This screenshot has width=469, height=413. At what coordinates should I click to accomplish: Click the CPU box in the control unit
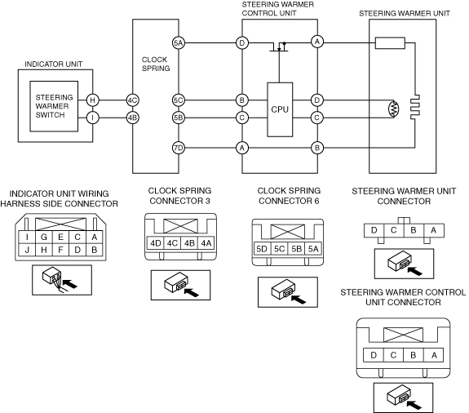pyautogui.click(x=280, y=109)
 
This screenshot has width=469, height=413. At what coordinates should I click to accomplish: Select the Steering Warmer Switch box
pyautogui.click(x=54, y=106)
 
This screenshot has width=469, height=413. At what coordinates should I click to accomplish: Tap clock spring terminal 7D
pyautogui.click(x=179, y=148)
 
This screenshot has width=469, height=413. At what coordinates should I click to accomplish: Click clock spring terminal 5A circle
pyautogui.click(x=179, y=42)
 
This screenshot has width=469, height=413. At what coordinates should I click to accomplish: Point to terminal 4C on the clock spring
pyautogui.click(x=132, y=100)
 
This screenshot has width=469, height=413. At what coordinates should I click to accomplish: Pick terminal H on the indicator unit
pyautogui.click(x=93, y=100)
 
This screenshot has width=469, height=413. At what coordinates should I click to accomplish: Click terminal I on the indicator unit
pyautogui.click(x=93, y=118)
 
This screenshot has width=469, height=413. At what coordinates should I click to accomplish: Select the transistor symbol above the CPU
pyautogui.click(x=280, y=47)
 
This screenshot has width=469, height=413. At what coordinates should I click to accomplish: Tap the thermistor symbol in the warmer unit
pyautogui.click(x=394, y=109)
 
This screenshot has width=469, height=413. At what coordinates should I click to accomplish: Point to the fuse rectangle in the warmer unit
pyautogui.click(x=390, y=42)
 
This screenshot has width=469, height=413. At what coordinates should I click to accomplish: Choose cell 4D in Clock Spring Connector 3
pyautogui.click(x=156, y=243)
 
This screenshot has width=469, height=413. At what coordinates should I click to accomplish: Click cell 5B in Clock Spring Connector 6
pyautogui.click(x=296, y=249)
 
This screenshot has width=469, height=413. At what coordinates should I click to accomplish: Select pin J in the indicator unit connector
pyautogui.click(x=27, y=250)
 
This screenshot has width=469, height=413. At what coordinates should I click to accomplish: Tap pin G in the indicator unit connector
pyautogui.click(x=44, y=237)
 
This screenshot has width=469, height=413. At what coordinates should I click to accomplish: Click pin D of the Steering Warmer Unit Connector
pyautogui.click(x=374, y=230)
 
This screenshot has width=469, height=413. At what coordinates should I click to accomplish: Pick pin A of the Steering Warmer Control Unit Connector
pyautogui.click(x=434, y=355)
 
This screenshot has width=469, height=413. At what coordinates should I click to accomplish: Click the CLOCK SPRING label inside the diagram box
pyautogui.click(x=156, y=64)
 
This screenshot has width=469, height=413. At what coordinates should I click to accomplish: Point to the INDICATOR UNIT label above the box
pyautogui.click(x=53, y=64)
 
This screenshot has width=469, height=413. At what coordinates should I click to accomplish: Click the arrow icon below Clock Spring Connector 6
pyautogui.click(x=299, y=299)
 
